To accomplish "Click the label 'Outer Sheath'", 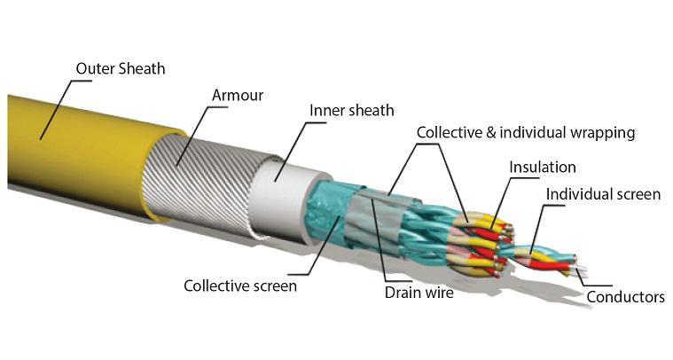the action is tap(121, 68).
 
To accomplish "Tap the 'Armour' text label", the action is tap(238, 95).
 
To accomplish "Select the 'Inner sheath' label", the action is tap(351, 110).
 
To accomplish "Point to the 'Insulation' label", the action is tap(543, 167).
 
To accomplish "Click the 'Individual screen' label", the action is tap(603, 194).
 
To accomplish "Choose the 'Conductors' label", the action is tap(625, 297).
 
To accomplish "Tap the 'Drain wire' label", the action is tap(419, 293).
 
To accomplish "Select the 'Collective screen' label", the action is tap(240, 286).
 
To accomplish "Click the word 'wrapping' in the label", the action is tap(603, 133).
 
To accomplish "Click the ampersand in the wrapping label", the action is tap(491, 132).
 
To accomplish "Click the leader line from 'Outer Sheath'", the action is tap(60, 110).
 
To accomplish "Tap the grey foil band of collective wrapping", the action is tap(378, 220).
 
